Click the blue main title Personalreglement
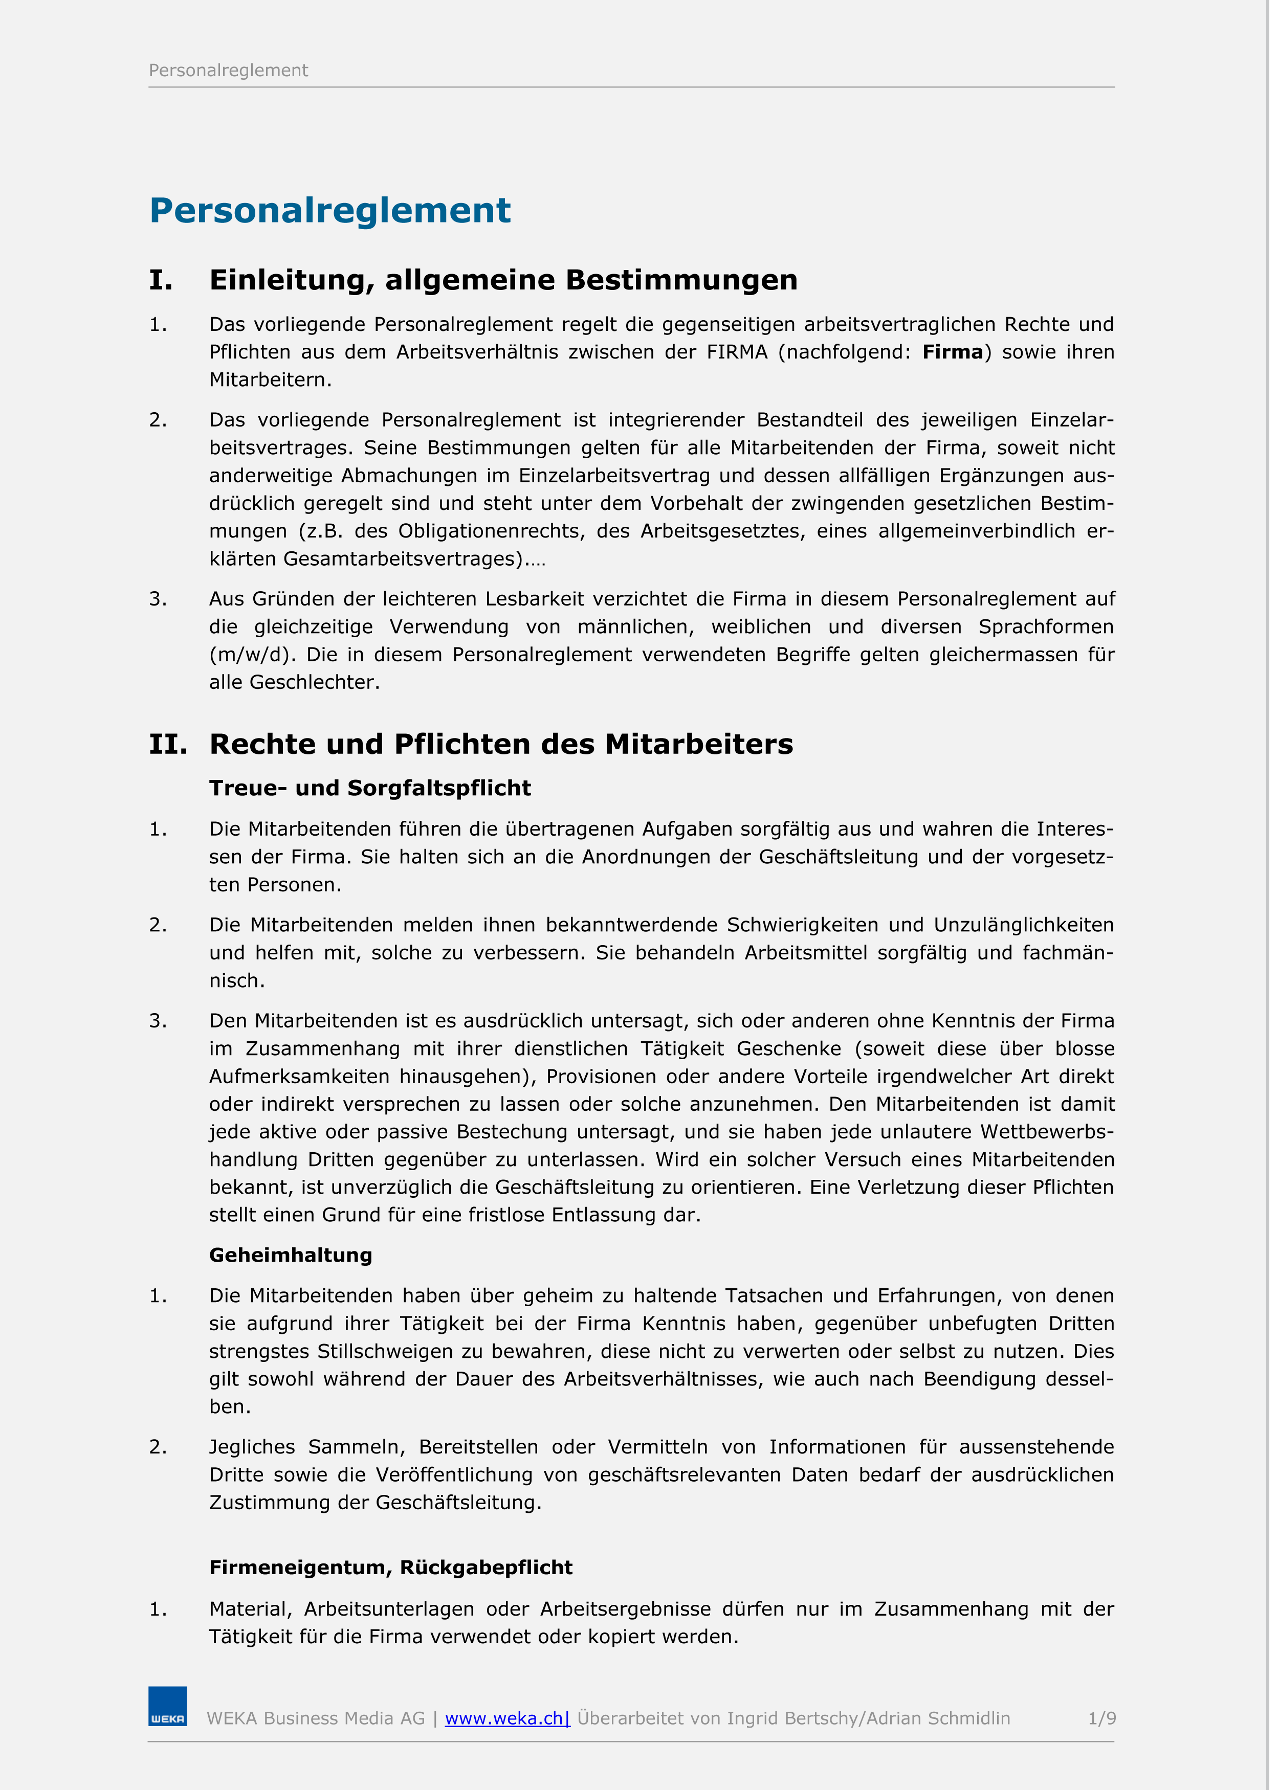tap(330, 211)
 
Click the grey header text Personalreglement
tap(228, 71)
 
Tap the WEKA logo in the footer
tap(168, 1707)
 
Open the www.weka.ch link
tap(506, 1718)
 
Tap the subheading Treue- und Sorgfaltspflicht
tap(370, 789)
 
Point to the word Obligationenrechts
tap(492, 531)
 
